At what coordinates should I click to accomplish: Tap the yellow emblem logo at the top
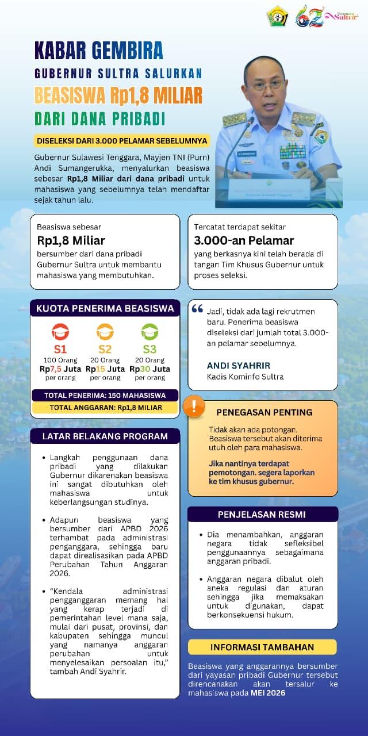277,17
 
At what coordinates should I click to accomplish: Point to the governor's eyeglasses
268,84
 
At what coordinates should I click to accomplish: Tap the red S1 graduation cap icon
60,332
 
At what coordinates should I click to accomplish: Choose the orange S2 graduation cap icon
105,332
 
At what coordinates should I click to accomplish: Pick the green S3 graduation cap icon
149,332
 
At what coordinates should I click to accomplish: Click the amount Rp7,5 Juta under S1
60,369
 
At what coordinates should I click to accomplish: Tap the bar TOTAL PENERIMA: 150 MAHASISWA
105,395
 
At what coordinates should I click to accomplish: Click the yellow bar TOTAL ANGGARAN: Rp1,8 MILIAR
105,407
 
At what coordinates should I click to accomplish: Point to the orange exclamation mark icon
194,407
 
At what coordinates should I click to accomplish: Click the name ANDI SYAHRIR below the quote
238,365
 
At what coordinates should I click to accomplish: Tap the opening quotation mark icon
197,309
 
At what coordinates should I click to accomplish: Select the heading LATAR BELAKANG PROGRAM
105,436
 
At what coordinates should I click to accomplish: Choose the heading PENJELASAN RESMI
262,514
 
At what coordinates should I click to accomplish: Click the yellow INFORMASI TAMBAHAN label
262,646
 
